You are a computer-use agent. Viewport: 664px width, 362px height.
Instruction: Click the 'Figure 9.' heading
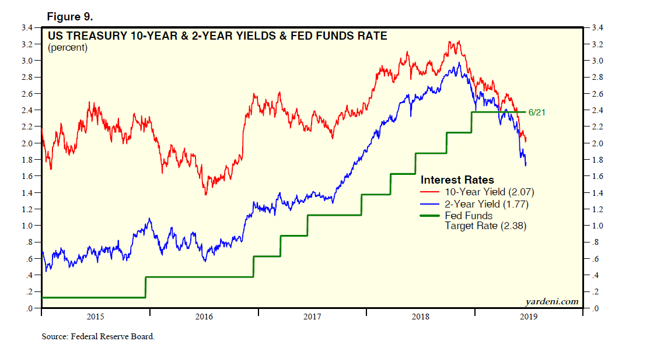(x=69, y=16)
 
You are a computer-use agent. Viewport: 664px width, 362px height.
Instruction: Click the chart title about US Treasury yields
(x=217, y=36)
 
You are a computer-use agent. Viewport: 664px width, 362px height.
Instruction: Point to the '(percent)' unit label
(x=68, y=48)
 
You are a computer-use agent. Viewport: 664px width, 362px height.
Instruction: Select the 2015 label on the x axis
(x=95, y=317)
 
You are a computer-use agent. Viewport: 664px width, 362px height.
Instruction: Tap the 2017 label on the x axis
(x=312, y=317)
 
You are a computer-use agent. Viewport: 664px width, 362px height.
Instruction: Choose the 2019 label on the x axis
(x=529, y=317)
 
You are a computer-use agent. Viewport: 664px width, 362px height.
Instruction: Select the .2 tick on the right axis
(x=595, y=292)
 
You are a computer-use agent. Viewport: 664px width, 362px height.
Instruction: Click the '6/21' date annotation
(x=537, y=112)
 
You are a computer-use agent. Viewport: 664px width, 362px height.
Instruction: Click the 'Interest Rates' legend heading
(x=457, y=180)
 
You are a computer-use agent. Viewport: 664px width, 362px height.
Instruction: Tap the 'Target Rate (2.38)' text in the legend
(x=485, y=226)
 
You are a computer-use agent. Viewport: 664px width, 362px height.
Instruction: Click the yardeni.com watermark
(x=551, y=301)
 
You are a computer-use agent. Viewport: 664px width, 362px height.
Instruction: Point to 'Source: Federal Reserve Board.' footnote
(x=98, y=337)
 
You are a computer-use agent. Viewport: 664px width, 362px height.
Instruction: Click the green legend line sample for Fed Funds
(x=431, y=216)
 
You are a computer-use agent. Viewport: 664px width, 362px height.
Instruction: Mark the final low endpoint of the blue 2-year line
(x=526, y=166)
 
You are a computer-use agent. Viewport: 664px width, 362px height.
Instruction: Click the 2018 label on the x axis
(x=421, y=317)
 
